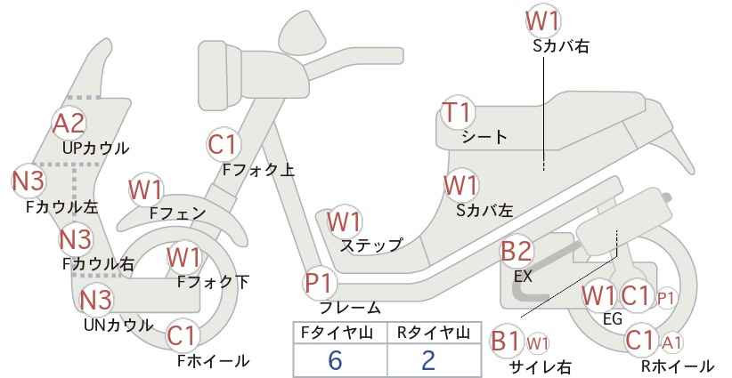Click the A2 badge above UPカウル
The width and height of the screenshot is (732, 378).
pyautogui.click(x=69, y=123)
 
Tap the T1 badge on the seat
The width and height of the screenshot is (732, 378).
pyautogui.click(x=458, y=112)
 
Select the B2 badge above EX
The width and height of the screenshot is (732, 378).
pyautogui.click(x=516, y=252)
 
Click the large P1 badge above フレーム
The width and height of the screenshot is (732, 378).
pyautogui.click(x=321, y=284)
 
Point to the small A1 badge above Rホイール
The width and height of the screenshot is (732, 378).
pyautogui.click(x=671, y=343)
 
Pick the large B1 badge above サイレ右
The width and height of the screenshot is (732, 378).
pyautogui.click(x=506, y=341)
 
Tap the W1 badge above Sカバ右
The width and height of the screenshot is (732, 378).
pyautogui.click(x=542, y=21)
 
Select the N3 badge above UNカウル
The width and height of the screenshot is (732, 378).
pyautogui.click(x=95, y=300)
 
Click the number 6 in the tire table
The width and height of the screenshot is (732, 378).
pyautogui.click(x=335, y=360)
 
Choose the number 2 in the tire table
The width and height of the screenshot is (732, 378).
pyautogui.click(x=427, y=360)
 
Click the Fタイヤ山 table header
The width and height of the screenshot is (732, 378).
pyautogui.click(x=338, y=333)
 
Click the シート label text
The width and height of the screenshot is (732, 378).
pyautogui.click(x=484, y=137)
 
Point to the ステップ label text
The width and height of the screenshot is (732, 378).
pyautogui.click(x=371, y=245)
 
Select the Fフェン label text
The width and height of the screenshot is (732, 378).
pyautogui.click(x=177, y=213)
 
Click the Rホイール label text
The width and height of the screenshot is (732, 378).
pyautogui.click(x=678, y=366)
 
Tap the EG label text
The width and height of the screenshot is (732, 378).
pyautogui.click(x=613, y=318)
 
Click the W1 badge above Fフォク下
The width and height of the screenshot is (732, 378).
pyautogui.click(x=184, y=258)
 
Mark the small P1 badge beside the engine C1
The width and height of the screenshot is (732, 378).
pyautogui.click(x=666, y=299)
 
